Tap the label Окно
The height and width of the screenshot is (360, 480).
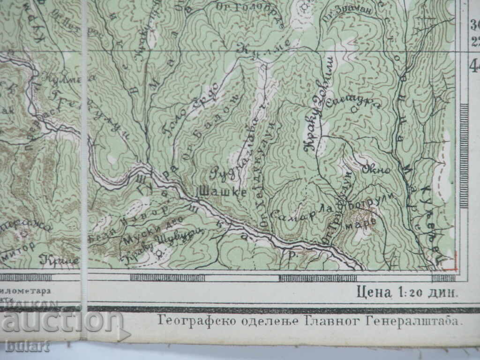pyautogui.click(x=376, y=170)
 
